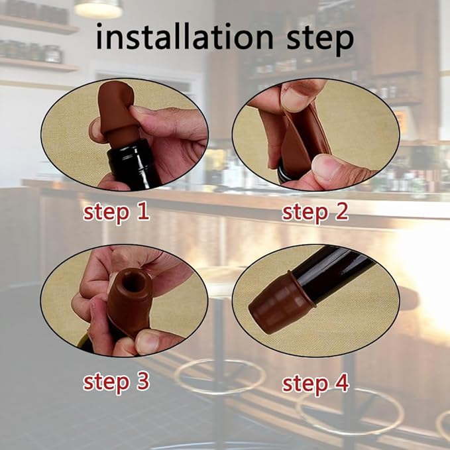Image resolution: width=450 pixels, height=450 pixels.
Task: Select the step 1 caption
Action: [x=116, y=213]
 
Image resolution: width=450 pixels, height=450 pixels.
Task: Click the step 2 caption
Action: [x=315, y=213]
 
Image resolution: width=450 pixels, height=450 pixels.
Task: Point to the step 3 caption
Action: [x=116, y=382]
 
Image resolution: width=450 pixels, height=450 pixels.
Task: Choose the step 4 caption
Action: [x=315, y=383]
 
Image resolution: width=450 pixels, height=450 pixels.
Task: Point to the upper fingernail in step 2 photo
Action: [x=294, y=97]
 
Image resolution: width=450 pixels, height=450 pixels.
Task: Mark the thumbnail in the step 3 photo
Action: [x=147, y=343]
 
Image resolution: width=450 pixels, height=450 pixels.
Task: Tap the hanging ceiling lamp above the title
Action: [x=98, y=8]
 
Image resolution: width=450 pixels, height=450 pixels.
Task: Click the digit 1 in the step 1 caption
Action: [x=142, y=212]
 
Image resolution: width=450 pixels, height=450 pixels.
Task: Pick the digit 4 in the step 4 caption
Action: [x=341, y=383]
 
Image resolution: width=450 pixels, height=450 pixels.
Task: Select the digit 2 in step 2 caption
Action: [x=342, y=213]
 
